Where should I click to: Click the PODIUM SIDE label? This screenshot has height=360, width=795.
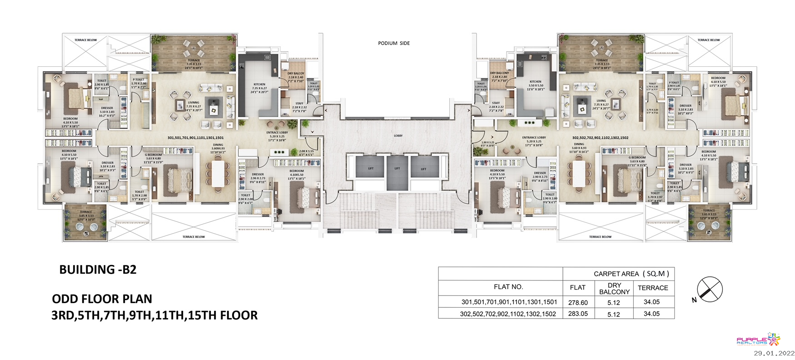pos(394,43)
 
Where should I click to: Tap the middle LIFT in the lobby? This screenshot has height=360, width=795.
pos(397,169)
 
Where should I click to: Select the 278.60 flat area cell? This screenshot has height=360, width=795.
pos(578,302)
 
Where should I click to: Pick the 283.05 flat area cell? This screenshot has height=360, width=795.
pos(578,314)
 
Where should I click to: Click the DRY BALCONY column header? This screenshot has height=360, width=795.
pos(614,289)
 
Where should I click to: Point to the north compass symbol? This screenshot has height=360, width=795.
pos(709,290)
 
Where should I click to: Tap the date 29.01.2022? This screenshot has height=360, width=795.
pos(774,353)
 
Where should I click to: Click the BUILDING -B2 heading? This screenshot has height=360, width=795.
pos(98,270)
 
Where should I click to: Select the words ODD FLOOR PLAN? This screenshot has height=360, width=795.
pos(102,299)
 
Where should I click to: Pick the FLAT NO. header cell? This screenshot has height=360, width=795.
pos(508,287)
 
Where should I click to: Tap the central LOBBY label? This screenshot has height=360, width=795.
pos(398,135)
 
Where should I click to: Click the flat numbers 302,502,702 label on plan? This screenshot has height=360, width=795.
pos(600,138)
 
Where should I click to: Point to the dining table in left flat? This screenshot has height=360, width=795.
pos(218,173)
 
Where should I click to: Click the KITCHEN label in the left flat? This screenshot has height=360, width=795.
pos(259,85)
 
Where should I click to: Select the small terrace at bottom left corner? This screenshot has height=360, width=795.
pos(86,222)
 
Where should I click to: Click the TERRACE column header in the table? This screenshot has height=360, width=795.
pos(653,288)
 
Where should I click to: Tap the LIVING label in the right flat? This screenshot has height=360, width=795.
pos(601,101)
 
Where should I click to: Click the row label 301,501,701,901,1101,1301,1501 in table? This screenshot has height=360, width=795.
pos(509,302)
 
